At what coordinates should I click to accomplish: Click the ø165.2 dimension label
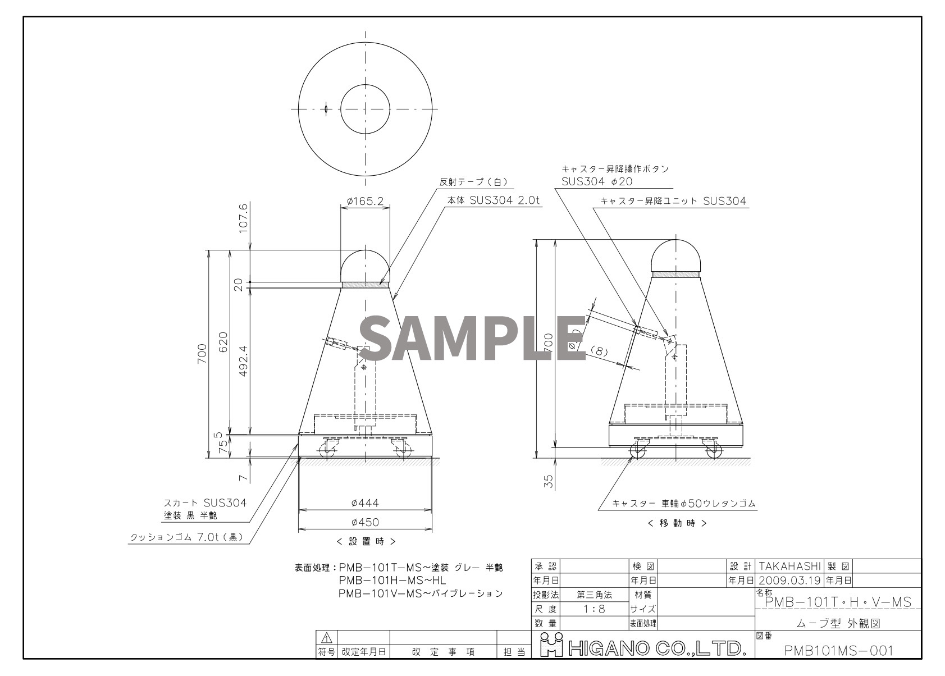[365, 200]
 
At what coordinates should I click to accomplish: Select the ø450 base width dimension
[365, 522]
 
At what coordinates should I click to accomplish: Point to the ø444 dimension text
[365, 503]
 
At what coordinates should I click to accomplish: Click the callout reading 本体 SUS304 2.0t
[494, 200]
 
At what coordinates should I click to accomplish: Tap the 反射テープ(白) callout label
[473, 182]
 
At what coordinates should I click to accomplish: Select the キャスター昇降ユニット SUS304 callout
[673, 201]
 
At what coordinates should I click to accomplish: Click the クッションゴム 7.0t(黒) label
[186, 537]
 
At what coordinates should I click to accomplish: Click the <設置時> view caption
[366, 541]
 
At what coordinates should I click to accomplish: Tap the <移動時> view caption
[677, 523]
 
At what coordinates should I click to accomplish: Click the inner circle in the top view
[365, 109]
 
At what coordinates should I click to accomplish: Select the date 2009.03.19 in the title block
[789, 580]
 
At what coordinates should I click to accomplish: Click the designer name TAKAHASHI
[789, 566]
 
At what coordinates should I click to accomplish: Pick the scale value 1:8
[594, 609]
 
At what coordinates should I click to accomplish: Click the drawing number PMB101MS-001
[838, 650]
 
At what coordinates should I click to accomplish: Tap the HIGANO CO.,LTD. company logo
[642, 648]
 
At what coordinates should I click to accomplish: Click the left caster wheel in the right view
[638, 449]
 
